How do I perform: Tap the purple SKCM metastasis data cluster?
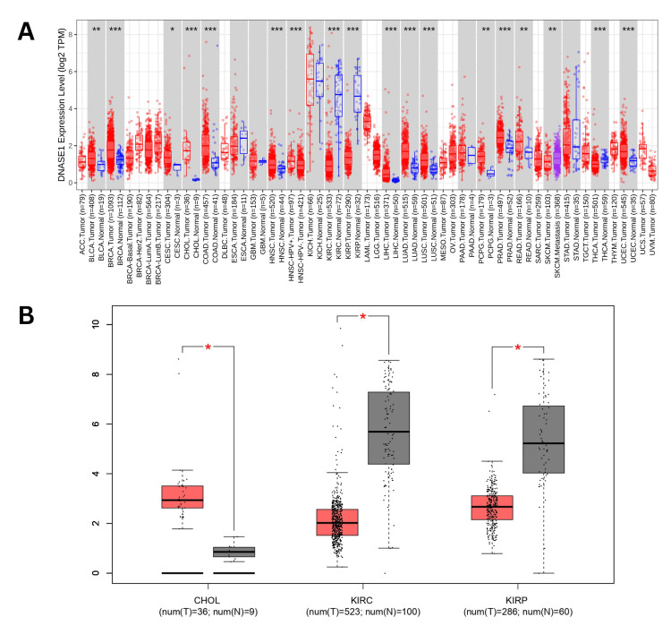556,157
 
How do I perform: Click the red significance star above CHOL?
208,347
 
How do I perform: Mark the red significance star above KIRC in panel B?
362,318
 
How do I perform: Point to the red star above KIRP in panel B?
517,347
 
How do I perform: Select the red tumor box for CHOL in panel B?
183,496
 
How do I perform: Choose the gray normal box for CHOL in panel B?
234,552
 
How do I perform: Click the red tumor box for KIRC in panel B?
336,522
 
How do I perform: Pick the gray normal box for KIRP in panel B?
543,439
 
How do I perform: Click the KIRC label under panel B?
362,602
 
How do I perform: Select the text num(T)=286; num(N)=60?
517,615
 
